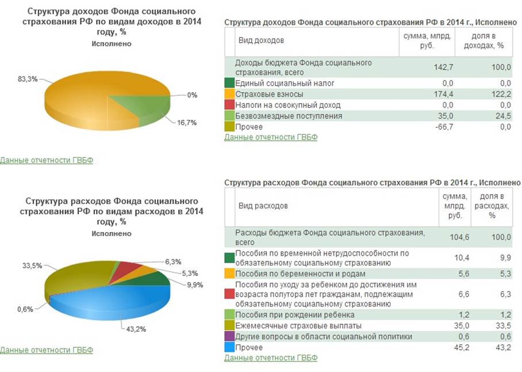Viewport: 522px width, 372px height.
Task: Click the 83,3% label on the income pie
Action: click(x=28, y=79)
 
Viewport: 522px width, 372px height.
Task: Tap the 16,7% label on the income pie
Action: click(x=187, y=123)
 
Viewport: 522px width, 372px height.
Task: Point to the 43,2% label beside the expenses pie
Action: click(x=136, y=329)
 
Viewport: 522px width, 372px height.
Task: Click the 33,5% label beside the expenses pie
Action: click(x=32, y=265)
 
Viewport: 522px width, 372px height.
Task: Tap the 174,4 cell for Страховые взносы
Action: click(x=443, y=94)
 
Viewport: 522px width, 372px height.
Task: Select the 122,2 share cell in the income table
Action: click(x=501, y=94)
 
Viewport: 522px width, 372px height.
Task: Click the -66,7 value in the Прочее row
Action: click(x=444, y=127)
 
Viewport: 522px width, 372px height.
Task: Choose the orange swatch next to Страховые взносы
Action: click(x=230, y=94)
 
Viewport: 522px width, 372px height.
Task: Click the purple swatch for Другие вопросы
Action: click(x=230, y=336)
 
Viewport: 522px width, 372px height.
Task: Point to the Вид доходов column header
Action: click(x=261, y=41)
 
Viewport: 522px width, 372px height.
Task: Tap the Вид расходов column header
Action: click(x=263, y=206)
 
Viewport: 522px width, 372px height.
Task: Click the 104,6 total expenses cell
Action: click(x=459, y=237)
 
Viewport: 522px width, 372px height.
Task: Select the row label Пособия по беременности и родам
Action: click(x=300, y=274)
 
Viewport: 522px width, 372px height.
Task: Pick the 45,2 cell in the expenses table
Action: click(x=462, y=347)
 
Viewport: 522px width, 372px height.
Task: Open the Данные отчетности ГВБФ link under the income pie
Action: click(x=47, y=160)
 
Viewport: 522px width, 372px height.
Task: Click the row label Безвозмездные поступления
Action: click(x=289, y=116)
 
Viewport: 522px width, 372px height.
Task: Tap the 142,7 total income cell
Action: click(x=443, y=67)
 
